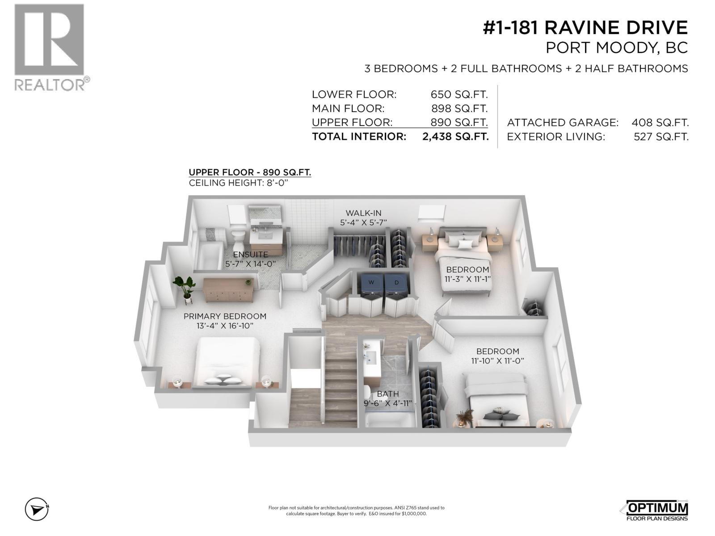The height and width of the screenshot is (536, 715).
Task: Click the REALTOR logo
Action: tap(49, 47)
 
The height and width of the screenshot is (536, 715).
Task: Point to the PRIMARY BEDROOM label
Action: tap(225, 316)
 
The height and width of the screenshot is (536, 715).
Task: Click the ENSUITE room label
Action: tap(251, 255)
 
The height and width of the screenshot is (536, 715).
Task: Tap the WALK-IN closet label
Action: tap(363, 213)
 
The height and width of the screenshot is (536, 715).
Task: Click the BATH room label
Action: tap(387, 394)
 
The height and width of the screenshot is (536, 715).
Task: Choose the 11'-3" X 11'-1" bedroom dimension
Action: tap(467, 279)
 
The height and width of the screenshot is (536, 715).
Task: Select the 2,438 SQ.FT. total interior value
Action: tap(455, 137)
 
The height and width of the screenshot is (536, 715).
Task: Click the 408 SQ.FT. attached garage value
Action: tap(660, 122)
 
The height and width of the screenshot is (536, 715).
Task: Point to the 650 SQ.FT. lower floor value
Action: tap(459, 95)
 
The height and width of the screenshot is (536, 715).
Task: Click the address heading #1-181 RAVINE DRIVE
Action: tap(585, 28)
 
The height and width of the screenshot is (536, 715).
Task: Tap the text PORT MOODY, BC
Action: tap(617, 48)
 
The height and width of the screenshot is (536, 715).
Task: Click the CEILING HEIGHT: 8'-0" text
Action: tap(244, 183)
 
